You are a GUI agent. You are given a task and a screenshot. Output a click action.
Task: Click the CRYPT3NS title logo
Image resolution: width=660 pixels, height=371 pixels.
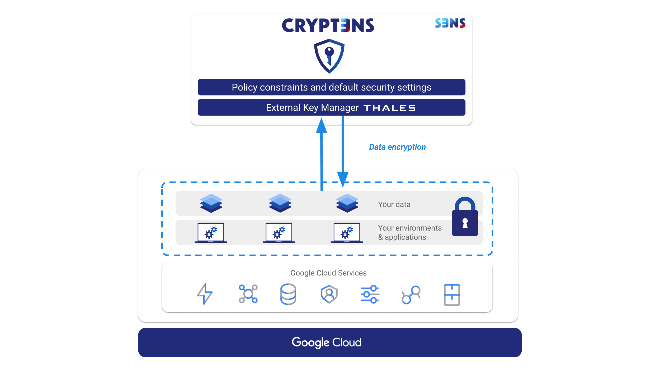click(328, 25)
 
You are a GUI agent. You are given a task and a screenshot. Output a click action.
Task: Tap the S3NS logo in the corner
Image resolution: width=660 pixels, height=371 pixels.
click(450, 23)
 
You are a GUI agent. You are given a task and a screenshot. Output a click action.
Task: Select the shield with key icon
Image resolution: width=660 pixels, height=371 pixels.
click(329, 56)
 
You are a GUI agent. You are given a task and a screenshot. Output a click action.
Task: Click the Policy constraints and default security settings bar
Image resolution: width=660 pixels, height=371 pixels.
click(331, 87)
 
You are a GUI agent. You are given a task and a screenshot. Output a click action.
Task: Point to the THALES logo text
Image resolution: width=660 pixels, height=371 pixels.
click(389, 108)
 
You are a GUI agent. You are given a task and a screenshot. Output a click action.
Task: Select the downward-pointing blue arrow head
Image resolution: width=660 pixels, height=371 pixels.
click(343, 179)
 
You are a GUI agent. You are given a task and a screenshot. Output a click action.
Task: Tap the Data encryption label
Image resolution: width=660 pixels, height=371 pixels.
click(397, 147)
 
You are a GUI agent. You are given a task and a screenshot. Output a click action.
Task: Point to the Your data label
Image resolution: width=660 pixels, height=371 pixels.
click(394, 204)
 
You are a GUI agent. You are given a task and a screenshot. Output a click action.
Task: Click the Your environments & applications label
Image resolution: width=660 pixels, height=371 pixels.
click(409, 232)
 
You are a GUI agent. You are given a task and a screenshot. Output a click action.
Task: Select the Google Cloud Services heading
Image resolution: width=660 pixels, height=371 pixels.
click(328, 273)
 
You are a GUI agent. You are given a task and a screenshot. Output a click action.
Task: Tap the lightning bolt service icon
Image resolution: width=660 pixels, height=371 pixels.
click(205, 294)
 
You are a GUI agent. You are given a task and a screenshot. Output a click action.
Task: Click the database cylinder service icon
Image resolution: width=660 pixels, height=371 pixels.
click(288, 294)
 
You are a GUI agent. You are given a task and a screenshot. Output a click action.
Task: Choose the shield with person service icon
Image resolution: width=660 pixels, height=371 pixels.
click(329, 294)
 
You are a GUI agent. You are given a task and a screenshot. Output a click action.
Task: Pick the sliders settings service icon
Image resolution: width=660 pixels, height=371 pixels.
click(370, 294)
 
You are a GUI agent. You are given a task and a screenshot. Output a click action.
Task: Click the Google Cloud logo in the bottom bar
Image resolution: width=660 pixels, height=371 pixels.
click(327, 343)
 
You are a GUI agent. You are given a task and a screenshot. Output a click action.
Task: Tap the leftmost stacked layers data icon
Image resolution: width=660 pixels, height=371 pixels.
click(211, 203)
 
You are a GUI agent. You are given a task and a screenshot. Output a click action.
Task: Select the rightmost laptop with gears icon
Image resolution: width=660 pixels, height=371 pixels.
click(347, 233)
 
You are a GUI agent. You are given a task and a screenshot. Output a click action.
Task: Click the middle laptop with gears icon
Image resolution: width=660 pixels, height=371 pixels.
click(279, 233)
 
